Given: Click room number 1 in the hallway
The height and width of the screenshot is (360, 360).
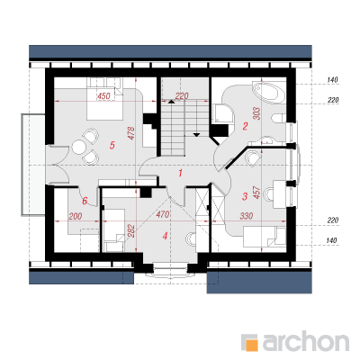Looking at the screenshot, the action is coord(180,173).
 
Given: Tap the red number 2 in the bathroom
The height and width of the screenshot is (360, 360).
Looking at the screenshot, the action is coord(246,126).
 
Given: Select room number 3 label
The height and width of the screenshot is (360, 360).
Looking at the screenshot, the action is coord(245,197).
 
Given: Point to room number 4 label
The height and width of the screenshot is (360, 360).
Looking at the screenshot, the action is coord(165,236).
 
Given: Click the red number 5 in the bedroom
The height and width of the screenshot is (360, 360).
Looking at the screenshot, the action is coord(112,146).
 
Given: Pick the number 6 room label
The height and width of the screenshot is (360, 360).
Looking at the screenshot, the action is coord(85,201).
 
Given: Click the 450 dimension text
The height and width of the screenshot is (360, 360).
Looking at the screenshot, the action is coord(104,96).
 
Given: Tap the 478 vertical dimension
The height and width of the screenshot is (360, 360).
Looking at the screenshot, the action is coord(131,133).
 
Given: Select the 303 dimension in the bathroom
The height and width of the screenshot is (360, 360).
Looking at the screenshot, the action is coord(257,113).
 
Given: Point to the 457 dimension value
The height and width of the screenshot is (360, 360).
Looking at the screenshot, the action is coord(256,193).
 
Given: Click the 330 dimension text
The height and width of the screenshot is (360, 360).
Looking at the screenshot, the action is coord(247,216).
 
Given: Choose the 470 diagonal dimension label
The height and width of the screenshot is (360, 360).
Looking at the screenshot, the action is coord(163,214).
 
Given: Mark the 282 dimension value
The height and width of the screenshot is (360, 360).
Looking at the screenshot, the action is coord(131,231).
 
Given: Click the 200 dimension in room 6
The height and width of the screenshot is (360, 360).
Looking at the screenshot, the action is coord(76,216).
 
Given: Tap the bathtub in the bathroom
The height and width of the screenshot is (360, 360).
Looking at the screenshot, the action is coord(269,93).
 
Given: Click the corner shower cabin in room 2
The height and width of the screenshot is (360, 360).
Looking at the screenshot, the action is coord(223,113).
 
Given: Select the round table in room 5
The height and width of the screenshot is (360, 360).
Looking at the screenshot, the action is coord(79,148).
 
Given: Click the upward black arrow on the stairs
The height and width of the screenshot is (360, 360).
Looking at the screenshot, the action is coord(171,102).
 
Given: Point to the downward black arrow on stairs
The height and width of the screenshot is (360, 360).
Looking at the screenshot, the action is coord(196,135).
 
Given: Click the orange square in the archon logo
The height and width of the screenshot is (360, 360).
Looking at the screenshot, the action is coord(251,345).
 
